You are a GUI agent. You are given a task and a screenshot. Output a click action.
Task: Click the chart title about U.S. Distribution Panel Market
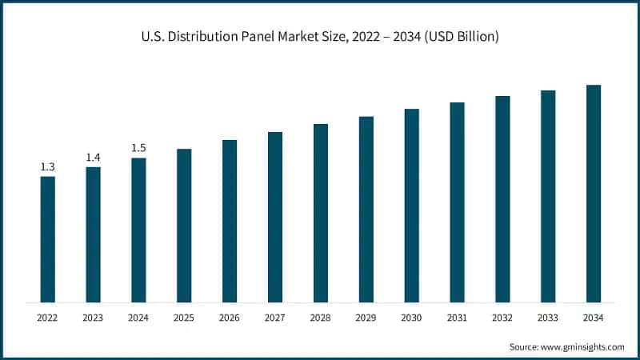320,38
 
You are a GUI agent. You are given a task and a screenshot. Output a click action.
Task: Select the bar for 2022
47,239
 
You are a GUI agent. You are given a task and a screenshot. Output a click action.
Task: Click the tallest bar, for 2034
593,194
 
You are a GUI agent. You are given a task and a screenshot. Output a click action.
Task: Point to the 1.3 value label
47,167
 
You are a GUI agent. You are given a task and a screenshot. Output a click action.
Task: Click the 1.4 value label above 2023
93,158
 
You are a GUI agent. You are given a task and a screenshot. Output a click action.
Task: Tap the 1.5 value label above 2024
138,148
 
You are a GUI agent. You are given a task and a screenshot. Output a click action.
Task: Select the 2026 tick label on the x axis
230,318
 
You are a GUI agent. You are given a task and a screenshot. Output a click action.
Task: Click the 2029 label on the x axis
366,318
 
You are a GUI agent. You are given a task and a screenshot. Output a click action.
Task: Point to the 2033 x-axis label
547,318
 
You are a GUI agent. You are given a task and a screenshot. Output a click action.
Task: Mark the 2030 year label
411,318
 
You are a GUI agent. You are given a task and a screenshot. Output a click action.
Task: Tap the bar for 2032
502,199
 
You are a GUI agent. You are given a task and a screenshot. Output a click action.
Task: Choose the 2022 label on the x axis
47,318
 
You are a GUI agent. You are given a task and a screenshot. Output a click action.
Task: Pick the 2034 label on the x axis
593,318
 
